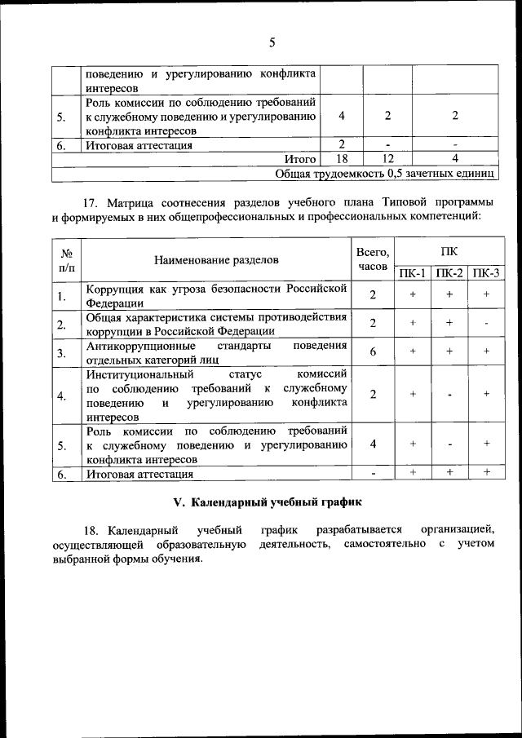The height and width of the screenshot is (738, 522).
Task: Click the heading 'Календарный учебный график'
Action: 270,500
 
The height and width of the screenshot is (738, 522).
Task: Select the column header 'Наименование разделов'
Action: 216,260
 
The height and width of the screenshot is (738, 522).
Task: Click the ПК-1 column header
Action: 413,273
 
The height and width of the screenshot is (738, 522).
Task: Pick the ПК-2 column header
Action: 449,273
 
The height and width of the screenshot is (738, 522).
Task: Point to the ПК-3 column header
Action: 486,273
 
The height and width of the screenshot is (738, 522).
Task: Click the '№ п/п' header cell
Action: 67,259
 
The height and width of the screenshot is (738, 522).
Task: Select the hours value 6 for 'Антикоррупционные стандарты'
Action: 372,351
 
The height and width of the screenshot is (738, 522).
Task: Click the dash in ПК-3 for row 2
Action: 486,323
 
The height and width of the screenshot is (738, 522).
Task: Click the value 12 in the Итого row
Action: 387,159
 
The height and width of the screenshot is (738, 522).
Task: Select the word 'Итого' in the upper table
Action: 299,159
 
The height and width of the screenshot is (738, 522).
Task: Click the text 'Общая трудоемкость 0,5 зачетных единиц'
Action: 385,173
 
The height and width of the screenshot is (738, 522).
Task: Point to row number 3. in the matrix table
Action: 61,352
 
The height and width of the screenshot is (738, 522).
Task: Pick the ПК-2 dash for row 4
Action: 449,395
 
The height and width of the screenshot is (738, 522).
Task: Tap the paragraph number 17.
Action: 91,202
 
